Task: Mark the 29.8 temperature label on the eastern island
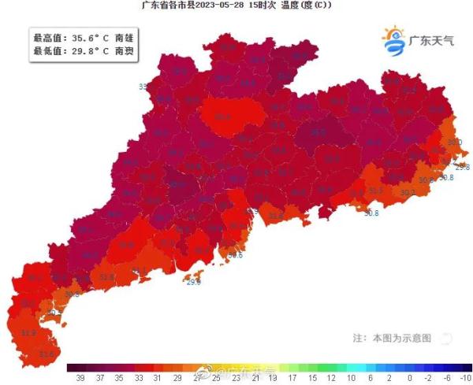[x=462, y=167]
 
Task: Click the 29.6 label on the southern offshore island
[x=193, y=281]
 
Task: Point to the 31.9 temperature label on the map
[x=28, y=333]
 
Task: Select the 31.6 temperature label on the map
[x=47, y=355]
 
